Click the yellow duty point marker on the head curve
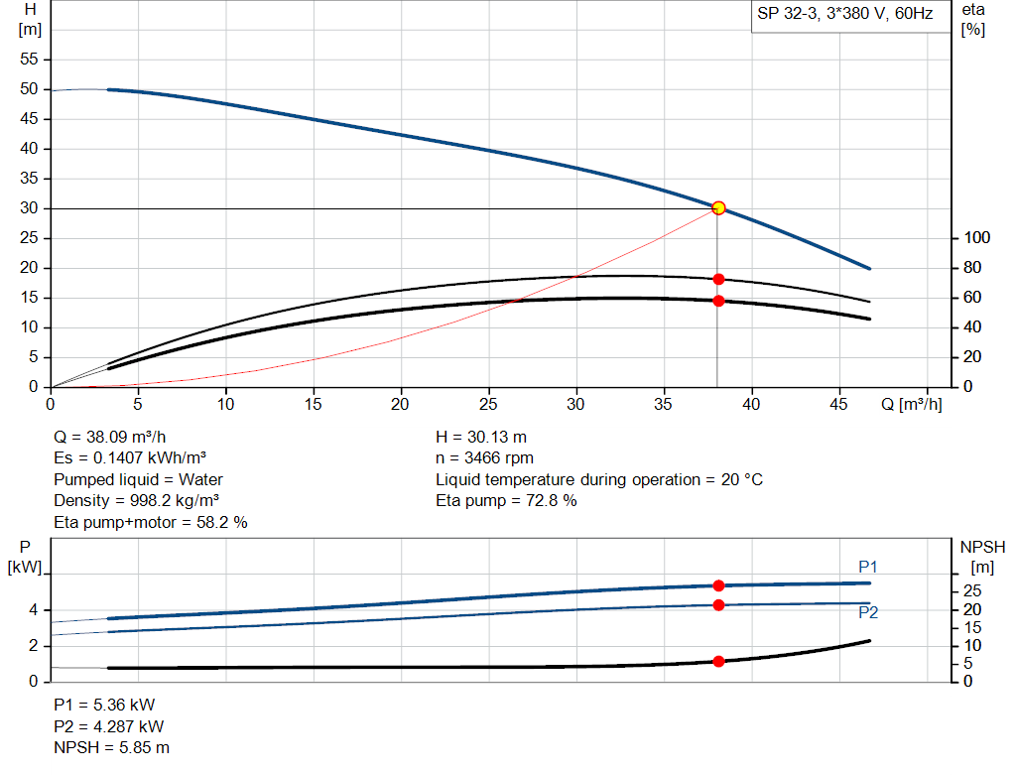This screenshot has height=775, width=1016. click(x=718, y=208)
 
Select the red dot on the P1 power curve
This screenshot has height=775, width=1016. click(x=718, y=585)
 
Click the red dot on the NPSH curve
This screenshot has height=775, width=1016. click(x=718, y=661)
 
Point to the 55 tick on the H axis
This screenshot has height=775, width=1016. click(x=29, y=60)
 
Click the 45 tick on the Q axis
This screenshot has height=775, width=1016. click(x=839, y=404)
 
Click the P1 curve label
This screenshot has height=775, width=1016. click(x=868, y=567)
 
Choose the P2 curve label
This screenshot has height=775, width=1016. click(x=868, y=613)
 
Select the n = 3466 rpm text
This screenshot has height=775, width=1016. click(x=484, y=457)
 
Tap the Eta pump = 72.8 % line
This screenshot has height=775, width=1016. click(x=506, y=501)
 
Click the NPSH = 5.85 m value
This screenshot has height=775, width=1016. click(x=111, y=747)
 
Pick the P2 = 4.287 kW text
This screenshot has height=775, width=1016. click(x=109, y=726)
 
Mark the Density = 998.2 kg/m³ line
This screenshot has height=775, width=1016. click(x=136, y=501)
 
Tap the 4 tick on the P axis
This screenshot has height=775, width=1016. click(x=34, y=610)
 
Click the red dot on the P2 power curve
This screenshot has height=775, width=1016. click(x=718, y=604)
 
